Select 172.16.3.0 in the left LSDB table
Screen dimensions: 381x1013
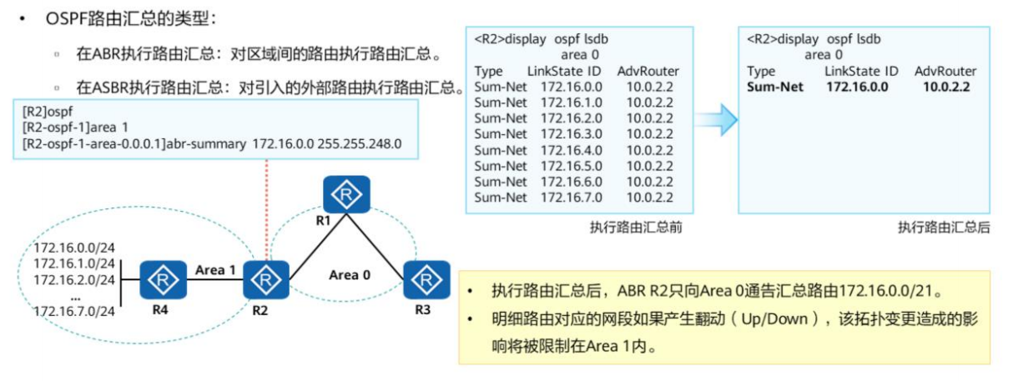pyautogui.click(x=571, y=133)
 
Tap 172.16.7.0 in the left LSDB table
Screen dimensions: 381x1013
pyautogui.click(x=571, y=197)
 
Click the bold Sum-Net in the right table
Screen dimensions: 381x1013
pyautogui.click(x=775, y=86)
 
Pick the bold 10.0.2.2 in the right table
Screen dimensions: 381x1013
pyautogui.click(x=945, y=86)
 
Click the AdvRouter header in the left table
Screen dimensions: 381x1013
pyautogui.click(x=648, y=71)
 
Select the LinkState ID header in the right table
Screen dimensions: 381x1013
pyautogui.click(x=861, y=71)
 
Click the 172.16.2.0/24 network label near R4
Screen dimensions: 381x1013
pyautogui.click(x=73, y=279)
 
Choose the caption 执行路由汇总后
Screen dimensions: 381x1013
pyautogui.click(x=944, y=227)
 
